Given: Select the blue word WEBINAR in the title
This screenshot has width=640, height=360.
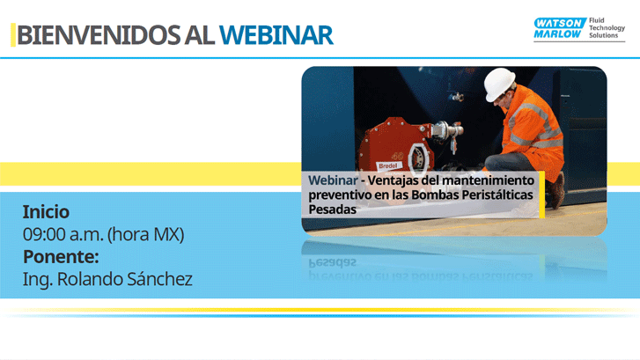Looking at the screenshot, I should tap(276, 35).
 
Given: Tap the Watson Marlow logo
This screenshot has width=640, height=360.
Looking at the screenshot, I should tap(557, 29).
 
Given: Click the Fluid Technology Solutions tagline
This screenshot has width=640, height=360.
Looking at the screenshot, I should tap(606, 28).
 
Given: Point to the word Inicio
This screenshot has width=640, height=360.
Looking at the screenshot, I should tap(46, 212).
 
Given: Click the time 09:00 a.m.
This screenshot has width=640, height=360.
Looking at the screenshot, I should tap(64, 235).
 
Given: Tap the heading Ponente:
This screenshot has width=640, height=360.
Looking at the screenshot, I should tap(60, 257).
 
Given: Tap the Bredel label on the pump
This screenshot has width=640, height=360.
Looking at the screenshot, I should tap(388, 165).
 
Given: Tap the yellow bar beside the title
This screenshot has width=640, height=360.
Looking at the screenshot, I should tap(12, 35).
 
